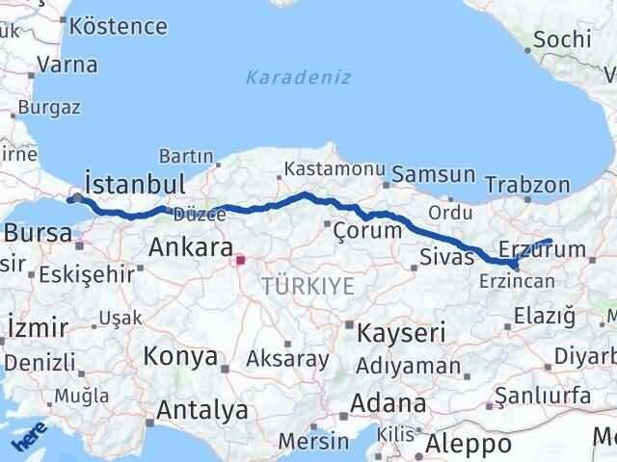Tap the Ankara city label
coord(189,248)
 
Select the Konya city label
coord(180,357)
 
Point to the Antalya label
coord(201,411)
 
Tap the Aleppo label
coord(470,444)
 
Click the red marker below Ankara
coord(240,258)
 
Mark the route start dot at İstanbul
coord(77,199)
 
